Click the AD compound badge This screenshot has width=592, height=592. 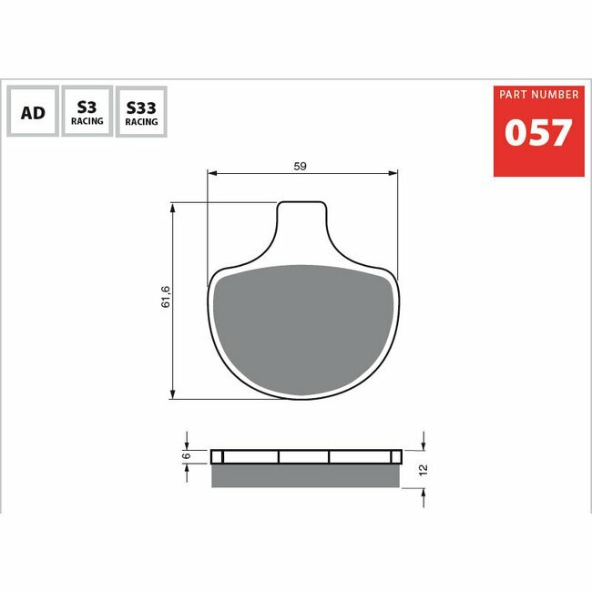pos(33,111)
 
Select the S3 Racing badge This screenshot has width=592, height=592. pos(87,111)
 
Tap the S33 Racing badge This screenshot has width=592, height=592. pos(141,112)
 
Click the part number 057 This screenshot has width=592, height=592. pos(538,132)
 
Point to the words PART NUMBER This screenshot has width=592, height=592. pos(539,95)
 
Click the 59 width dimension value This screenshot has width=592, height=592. pos(301,166)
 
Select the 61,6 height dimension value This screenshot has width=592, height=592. pos(166,297)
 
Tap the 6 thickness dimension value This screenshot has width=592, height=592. pos(186,455)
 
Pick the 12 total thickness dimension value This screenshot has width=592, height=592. pos(424,470)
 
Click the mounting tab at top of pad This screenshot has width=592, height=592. pos(302,219)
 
